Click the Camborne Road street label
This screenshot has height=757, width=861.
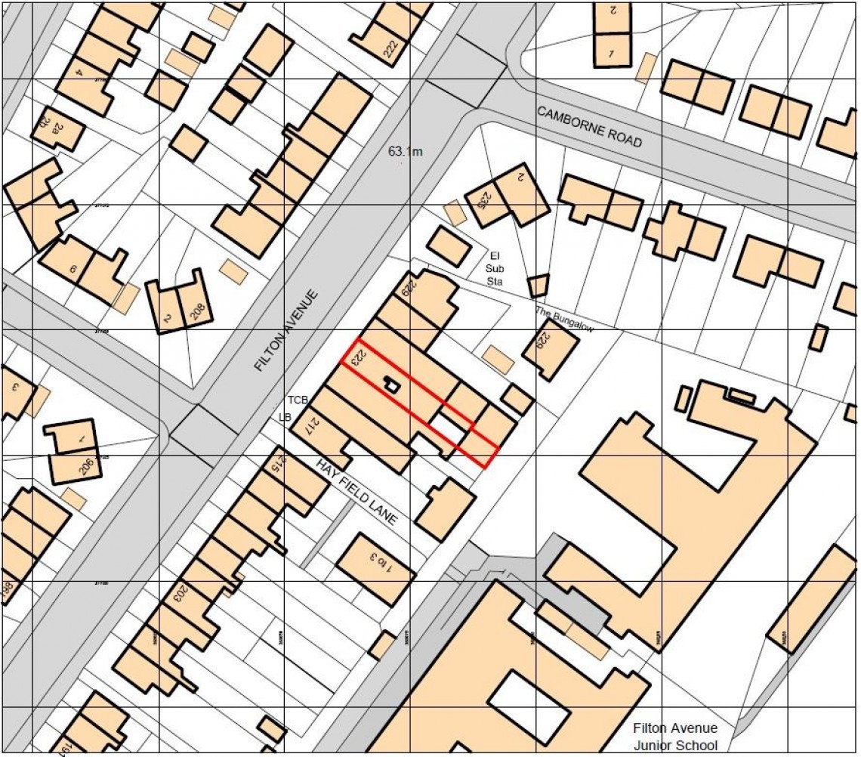pyautogui.click(x=589, y=127)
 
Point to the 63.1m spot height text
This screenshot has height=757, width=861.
pyautogui.click(x=406, y=152)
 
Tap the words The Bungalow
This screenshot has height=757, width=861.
pyautogui.click(x=564, y=320)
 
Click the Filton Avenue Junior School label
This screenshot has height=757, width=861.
pyautogui.click(x=674, y=737)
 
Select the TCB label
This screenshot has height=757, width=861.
pyautogui.click(x=295, y=399)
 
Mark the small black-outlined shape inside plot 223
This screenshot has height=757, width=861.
pyautogui.click(x=391, y=385)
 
